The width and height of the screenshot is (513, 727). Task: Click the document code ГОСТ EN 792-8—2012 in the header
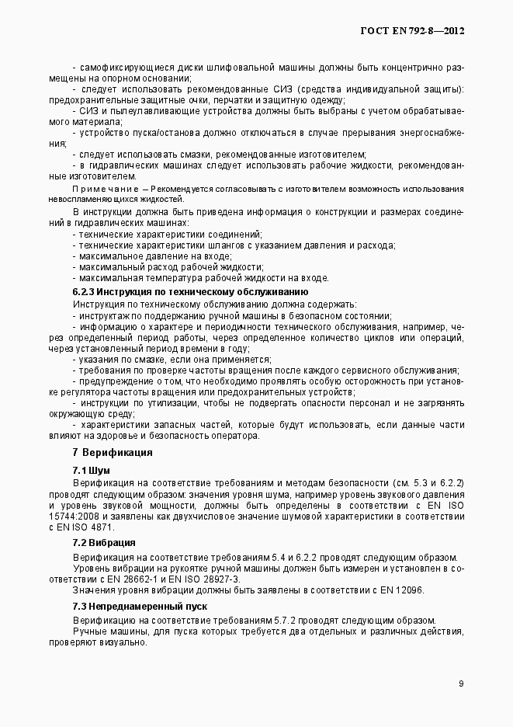(413, 32)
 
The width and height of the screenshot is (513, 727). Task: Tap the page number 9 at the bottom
(461, 684)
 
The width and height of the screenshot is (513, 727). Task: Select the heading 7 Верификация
(112, 452)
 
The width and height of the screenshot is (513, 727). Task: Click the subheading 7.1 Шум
(91, 471)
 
